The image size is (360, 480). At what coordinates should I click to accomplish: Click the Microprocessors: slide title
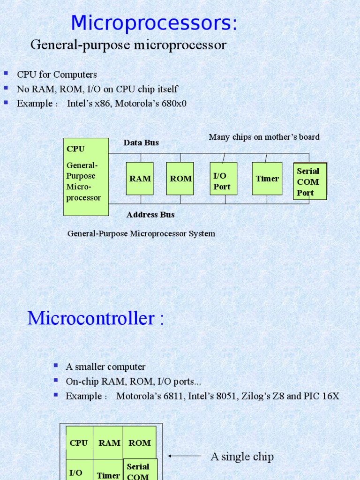154,23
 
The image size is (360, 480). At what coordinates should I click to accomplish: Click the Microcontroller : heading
96,319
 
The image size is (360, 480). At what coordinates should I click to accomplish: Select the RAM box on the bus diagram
140,179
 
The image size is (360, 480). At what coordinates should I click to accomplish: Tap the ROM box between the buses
180,179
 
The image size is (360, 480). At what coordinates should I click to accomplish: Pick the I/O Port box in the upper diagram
223,179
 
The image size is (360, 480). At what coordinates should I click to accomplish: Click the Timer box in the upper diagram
267,179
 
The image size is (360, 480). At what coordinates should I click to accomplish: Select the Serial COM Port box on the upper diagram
310,181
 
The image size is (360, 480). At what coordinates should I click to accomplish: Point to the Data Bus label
141,142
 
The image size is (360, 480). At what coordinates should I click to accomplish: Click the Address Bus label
150,215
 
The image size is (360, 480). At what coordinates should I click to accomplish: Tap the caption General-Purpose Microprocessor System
141,233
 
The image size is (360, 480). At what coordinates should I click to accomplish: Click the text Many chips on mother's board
264,137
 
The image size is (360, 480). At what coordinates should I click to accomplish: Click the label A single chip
242,457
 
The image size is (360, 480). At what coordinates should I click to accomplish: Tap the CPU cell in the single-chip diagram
79,443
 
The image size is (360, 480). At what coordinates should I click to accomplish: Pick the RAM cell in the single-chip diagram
109,443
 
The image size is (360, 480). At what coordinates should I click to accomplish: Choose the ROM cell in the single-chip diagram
140,443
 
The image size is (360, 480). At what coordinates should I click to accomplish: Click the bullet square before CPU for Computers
7,74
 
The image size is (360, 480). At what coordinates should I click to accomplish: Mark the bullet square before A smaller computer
56,366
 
